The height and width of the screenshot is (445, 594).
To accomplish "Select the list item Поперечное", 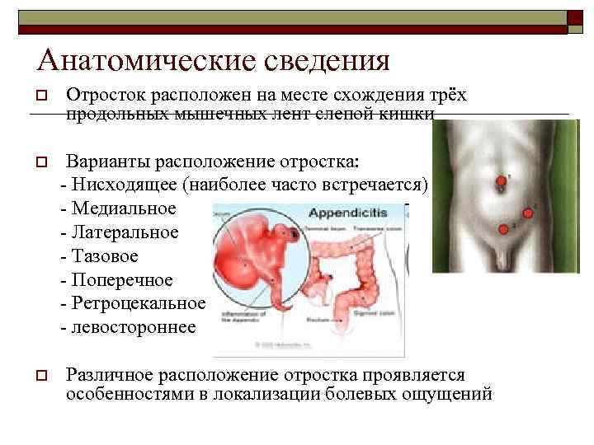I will pos(119,280).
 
